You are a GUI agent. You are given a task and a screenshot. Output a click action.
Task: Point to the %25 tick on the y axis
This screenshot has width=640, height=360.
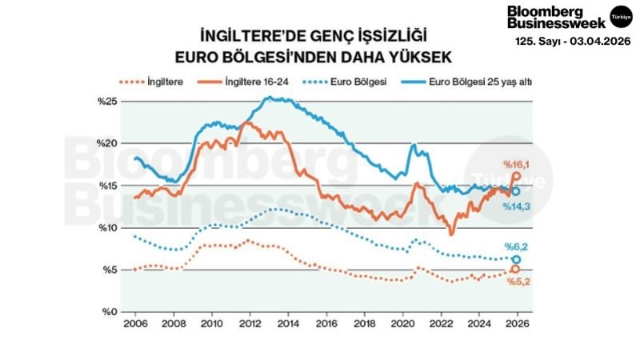[107, 101]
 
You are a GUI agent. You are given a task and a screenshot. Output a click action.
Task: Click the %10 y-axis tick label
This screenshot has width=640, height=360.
[107, 227]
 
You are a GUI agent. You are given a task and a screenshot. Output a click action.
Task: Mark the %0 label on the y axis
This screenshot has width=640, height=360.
[109, 312]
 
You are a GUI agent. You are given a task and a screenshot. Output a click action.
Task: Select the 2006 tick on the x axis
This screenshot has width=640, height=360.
[134, 326]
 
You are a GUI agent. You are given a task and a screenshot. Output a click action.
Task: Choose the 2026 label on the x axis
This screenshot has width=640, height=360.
[518, 326]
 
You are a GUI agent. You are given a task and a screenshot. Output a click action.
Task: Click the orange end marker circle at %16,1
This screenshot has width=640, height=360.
[517, 176]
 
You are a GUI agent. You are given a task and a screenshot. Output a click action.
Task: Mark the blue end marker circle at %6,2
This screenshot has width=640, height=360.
[517, 260]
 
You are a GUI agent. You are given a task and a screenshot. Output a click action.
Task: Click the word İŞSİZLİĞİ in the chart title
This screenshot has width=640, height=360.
[374, 36]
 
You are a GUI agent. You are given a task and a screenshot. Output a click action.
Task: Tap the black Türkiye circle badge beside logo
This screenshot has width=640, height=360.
[621, 16]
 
